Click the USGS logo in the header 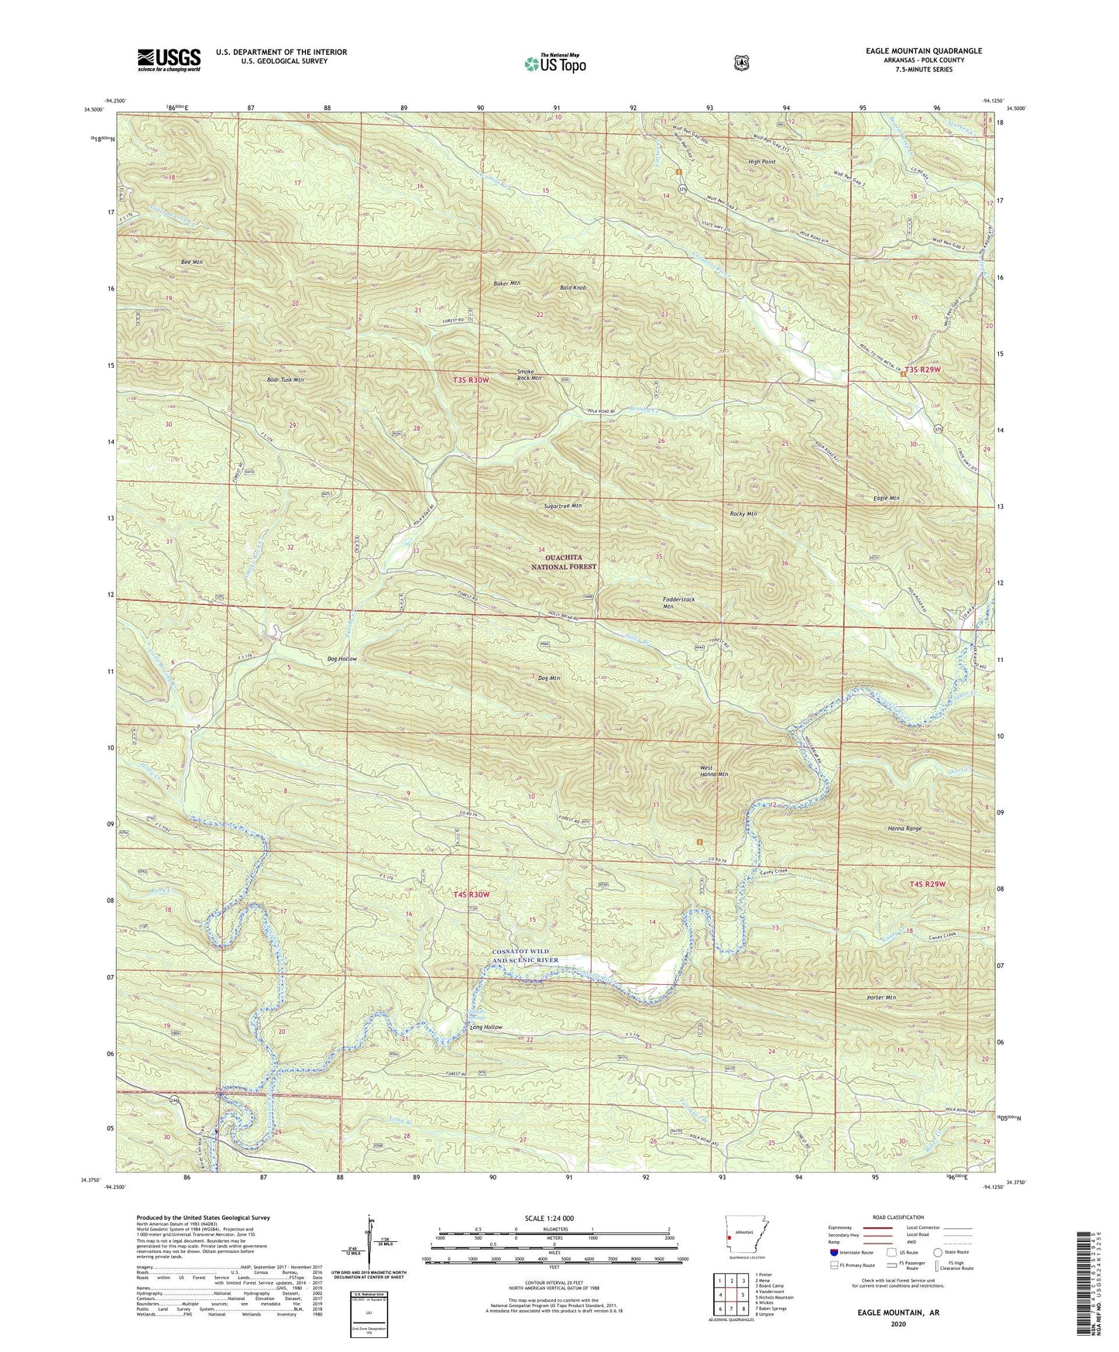point(169,59)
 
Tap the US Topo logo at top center point(553,63)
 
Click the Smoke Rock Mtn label point(530,376)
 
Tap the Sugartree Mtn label point(562,506)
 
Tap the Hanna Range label point(904,829)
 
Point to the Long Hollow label point(486,1028)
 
